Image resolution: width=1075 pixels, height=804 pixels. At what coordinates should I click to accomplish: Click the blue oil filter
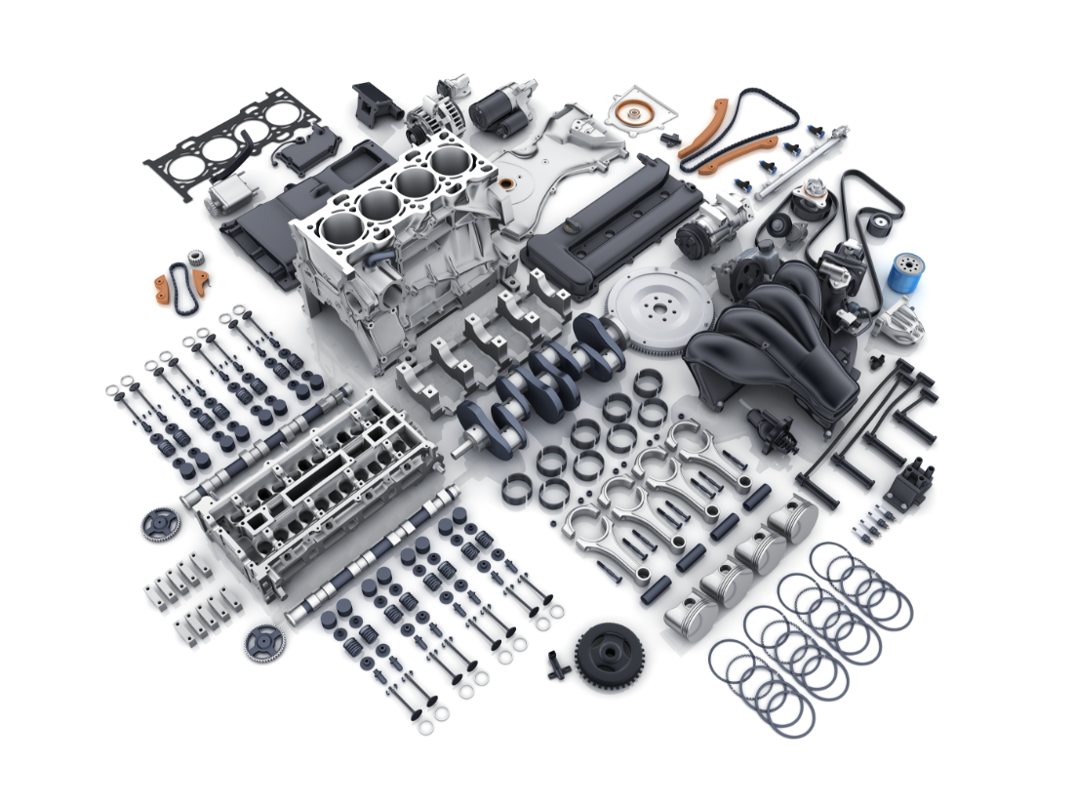pyautogui.click(x=906, y=274)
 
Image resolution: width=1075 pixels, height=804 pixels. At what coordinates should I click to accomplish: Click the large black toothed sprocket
pyautogui.click(x=609, y=655)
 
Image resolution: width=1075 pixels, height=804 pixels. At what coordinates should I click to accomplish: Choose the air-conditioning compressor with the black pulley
pyautogui.click(x=701, y=234)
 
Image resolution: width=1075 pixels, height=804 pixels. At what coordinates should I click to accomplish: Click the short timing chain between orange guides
pyautogui.click(x=179, y=283)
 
